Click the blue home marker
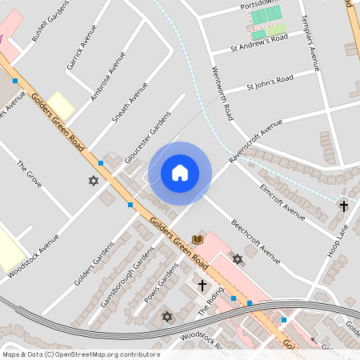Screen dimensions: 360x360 coord(180,172)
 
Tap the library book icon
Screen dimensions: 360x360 coord(197,239)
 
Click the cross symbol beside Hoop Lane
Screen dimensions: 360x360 coord(343,206)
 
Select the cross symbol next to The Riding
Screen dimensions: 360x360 coord(202,284)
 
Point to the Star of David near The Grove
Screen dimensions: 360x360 coord(93,181)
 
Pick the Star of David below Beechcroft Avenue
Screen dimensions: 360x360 coord(237,258)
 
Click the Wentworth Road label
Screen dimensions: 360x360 coord(221,95)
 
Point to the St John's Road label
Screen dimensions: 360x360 coord(270,82)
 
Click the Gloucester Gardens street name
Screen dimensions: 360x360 coord(148,137)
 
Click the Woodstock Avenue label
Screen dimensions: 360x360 coord(34,255)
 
